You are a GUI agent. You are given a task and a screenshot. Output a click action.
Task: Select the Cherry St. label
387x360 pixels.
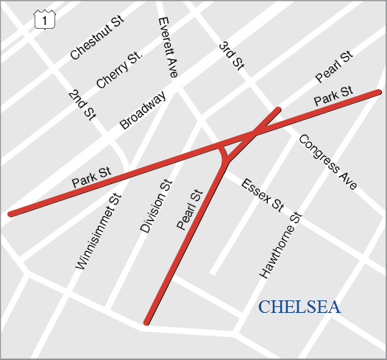[x=118, y=71]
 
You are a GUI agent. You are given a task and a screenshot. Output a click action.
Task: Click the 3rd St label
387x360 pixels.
[x=231, y=56]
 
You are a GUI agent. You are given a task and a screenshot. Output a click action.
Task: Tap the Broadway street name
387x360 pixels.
[x=143, y=110]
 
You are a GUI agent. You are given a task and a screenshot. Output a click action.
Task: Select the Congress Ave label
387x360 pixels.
[x=327, y=162]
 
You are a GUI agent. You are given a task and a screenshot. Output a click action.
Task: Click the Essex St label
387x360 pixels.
[x=263, y=194]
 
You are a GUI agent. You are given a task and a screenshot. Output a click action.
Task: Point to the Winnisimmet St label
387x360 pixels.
[x=97, y=230]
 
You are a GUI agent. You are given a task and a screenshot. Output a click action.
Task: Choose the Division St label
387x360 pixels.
[x=156, y=206]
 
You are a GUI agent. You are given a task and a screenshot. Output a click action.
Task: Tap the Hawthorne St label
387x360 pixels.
[x=281, y=245]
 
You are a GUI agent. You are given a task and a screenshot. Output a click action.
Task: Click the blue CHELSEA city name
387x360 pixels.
[x=299, y=307]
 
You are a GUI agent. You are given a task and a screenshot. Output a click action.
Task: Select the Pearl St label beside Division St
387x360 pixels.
[x=189, y=210]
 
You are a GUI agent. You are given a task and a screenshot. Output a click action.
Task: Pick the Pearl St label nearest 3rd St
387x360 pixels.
[x=335, y=67]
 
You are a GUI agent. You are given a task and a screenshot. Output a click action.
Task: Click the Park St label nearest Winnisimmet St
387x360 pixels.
[x=91, y=177]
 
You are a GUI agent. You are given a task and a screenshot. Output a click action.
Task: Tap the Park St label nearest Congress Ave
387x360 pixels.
[x=333, y=96]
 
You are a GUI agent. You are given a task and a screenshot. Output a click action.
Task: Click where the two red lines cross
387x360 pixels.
[x=253, y=134]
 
